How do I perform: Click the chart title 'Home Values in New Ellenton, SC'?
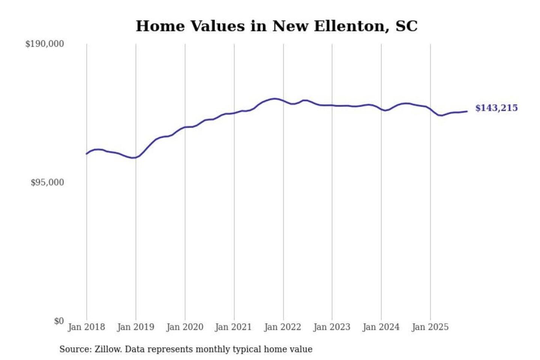(276, 26)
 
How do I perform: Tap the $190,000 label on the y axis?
(45, 44)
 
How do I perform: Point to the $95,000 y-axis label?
(47, 183)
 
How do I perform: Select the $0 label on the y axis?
(59, 321)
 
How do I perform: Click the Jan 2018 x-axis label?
(86, 327)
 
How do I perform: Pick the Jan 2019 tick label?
(135, 327)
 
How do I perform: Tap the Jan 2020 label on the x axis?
(184, 327)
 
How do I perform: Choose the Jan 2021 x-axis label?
(233, 327)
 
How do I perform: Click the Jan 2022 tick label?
(282, 327)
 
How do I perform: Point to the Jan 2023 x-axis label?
(331, 327)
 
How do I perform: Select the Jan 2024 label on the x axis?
(381, 327)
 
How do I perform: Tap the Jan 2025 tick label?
(430, 327)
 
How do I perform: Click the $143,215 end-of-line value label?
(496, 108)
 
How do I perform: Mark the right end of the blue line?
(467, 111)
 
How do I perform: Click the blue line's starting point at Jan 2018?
(87, 154)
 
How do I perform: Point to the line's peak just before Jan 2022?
(275, 99)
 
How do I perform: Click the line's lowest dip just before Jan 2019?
(132, 158)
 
